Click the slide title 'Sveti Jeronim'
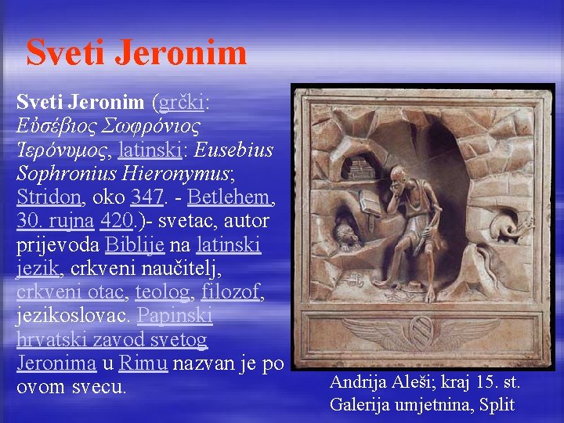136,52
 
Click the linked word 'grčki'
182,103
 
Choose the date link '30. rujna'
53,221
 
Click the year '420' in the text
116,221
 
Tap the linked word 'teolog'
162,292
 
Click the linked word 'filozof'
232,292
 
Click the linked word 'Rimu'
143,363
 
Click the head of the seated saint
403,177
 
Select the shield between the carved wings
422,332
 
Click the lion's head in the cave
348,233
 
